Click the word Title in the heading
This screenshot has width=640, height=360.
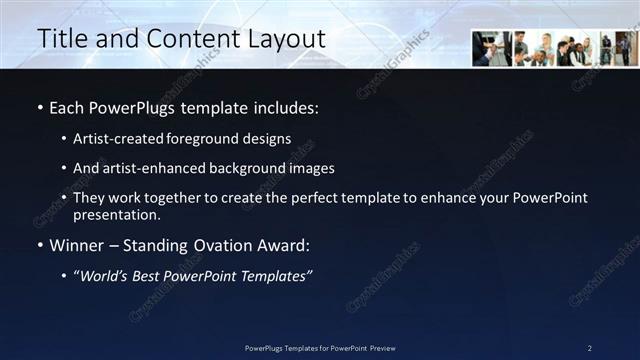click(x=62, y=39)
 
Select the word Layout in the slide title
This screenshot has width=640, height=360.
click(x=288, y=39)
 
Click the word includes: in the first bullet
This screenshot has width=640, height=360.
click(x=284, y=107)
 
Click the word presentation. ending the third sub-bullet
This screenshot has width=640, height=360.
click(x=116, y=214)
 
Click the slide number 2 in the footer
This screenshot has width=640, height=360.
click(x=589, y=348)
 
